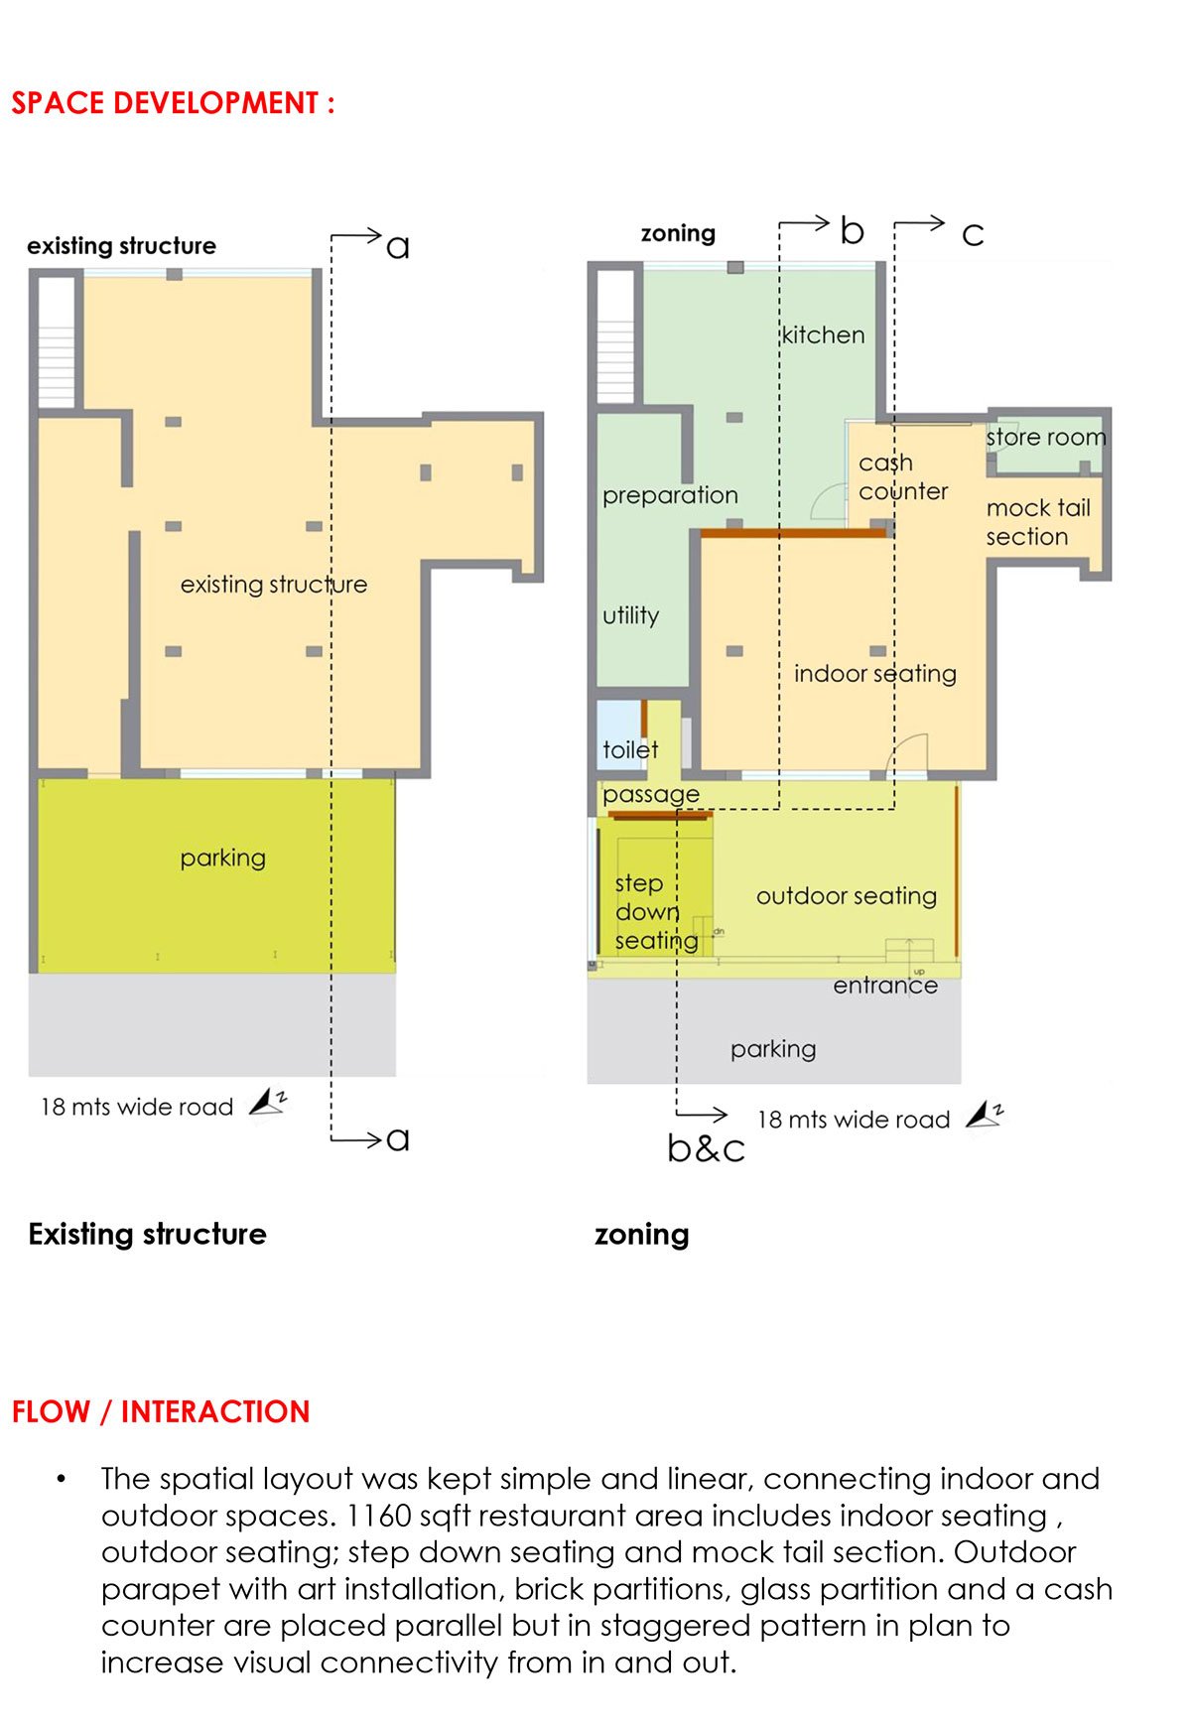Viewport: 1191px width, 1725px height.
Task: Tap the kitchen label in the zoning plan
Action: [x=823, y=334]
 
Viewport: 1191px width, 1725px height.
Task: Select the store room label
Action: [x=1046, y=437]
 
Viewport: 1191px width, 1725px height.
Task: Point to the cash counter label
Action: [x=903, y=477]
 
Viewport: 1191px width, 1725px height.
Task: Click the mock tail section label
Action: [x=1038, y=522]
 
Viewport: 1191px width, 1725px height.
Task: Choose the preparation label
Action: [x=670, y=495]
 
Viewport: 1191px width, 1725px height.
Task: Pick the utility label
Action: [x=630, y=615]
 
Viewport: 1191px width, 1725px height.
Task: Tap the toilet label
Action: [x=630, y=749]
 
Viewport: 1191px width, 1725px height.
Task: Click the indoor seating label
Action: [x=875, y=674]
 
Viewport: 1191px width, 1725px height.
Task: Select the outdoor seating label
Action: [x=847, y=896]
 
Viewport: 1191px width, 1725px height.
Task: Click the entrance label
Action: [x=885, y=986]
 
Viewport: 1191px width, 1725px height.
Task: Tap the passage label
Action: [x=651, y=794]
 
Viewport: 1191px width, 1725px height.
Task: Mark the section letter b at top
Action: [x=852, y=231]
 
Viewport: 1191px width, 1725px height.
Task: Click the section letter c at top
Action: [x=973, y=235]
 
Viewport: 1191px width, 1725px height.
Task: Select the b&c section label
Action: [x=706, y=1148]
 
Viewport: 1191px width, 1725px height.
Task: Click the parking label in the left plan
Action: [x=223, y=859]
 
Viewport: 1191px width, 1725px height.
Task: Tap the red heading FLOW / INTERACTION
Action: [x=161, y=1411]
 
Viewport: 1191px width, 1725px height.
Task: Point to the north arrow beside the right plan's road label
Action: [x=985, y=1115]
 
